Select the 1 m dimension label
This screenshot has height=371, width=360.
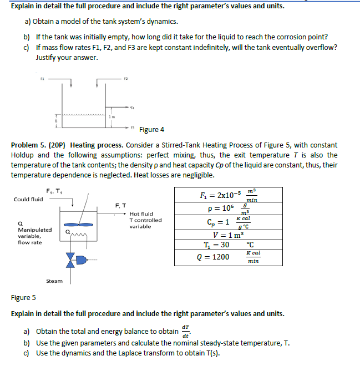(x=111, y=116)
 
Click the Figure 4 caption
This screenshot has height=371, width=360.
(x=151, y=130)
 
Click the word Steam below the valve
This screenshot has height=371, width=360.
(x=54, y=281)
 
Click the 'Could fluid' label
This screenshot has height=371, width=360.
(x=28, y=199)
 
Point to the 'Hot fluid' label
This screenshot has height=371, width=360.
(x=141, y=214)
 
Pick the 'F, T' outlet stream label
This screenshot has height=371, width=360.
(x=121, y=205)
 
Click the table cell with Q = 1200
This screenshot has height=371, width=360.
(x=213, y=257)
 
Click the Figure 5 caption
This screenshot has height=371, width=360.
(x=23, y=297)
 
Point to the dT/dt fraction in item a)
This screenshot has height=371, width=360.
(x=185, y=331)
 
